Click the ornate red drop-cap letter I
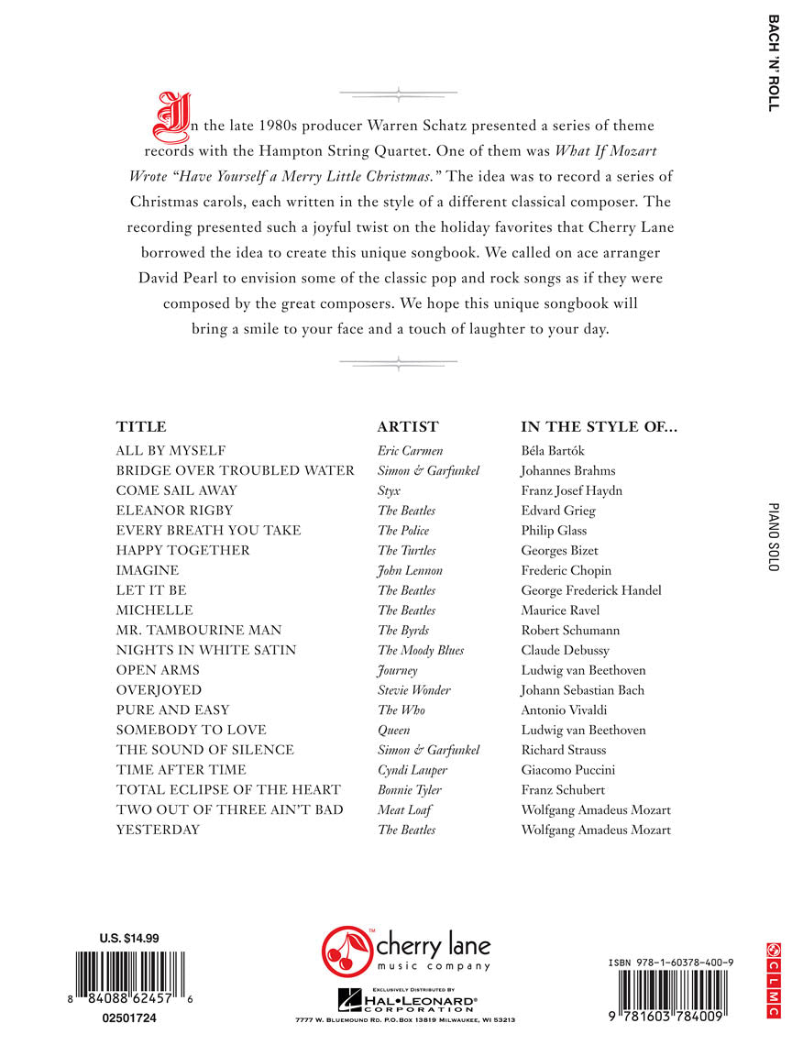(170, 117)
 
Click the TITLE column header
(141, 427)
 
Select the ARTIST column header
(408, 427)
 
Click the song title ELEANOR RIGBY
(175, 511)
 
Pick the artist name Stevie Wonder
(414, 690)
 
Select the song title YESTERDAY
(158, 830)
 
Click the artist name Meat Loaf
(404, 810)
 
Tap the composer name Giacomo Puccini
(568, 770)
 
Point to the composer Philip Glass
(554, 531)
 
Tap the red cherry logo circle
(345, 951)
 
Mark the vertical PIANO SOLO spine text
(773, 538)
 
